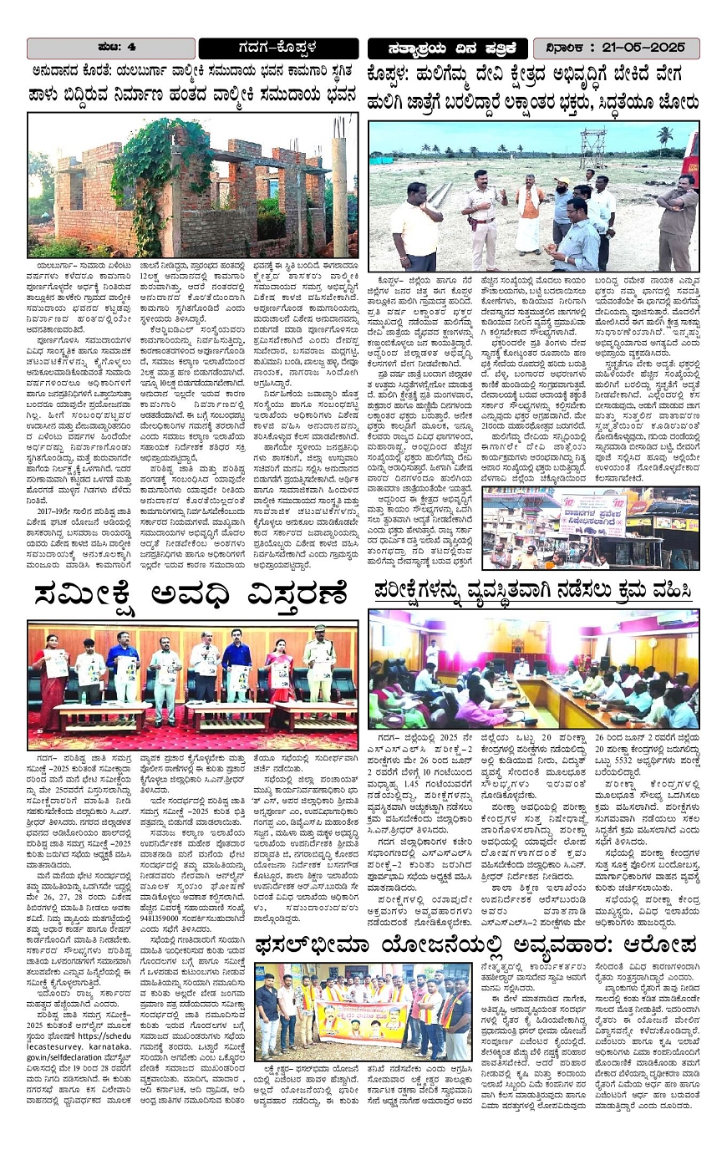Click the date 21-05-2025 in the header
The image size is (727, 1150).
pos(637,47)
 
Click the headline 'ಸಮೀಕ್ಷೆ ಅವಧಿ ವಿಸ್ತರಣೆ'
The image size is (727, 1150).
pos(190,598)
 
